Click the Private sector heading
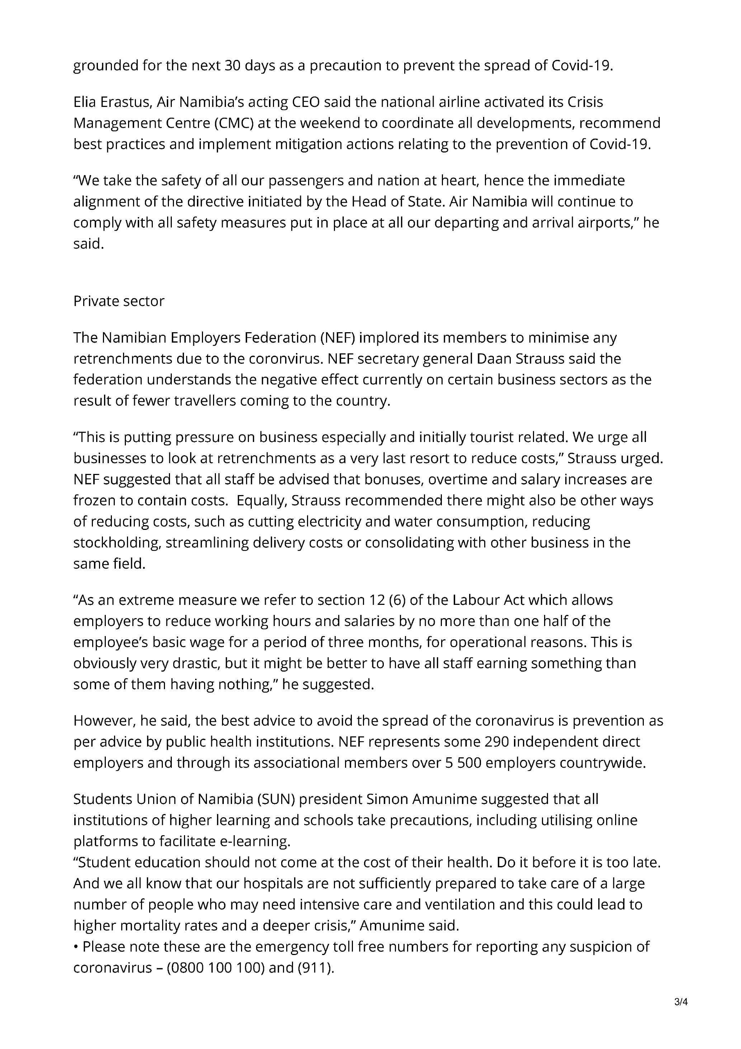pos(119,301)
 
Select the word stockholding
pos(115,542)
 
